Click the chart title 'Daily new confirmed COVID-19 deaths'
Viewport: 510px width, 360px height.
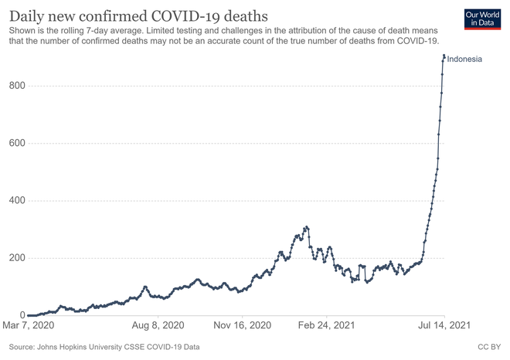point(139,15)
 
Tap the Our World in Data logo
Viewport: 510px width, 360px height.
point(484,19)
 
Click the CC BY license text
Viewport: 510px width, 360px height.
point(490,347)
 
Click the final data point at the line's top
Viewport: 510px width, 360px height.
point(444,56)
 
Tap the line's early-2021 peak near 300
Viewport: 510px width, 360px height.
point(306,227)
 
